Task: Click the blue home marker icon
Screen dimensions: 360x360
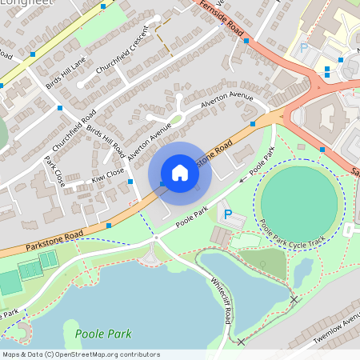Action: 180,173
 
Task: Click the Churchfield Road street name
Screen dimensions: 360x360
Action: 74,131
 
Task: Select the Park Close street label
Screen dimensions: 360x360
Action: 54,171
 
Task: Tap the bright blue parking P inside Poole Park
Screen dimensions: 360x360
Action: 228,214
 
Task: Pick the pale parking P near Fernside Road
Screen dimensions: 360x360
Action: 303,49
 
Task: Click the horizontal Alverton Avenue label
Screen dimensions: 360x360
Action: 226,103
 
